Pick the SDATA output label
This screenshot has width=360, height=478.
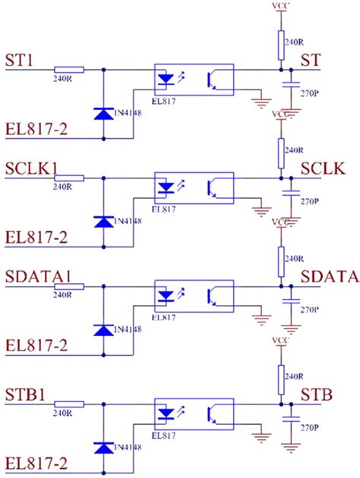(x=330, y=277)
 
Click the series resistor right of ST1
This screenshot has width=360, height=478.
(x=70, y=69)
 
